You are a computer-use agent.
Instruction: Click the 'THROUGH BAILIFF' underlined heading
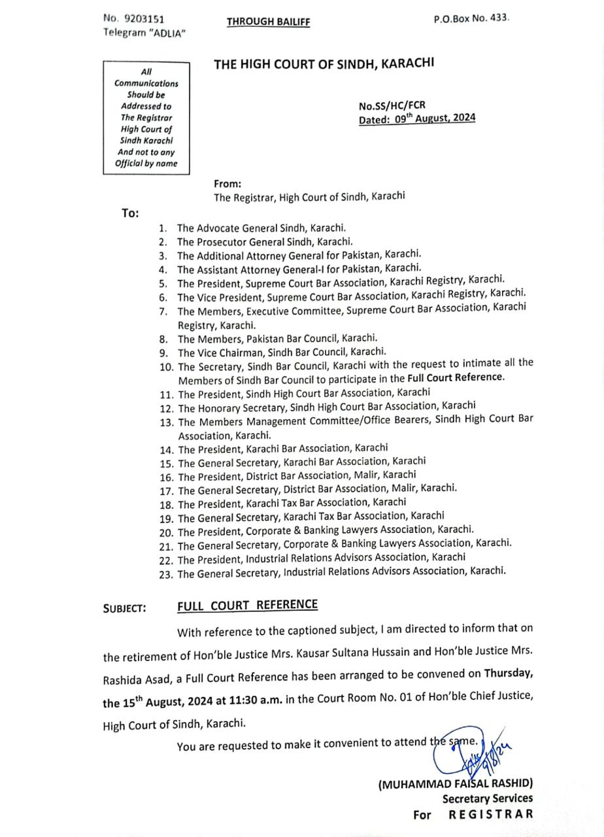[x=268, y=22]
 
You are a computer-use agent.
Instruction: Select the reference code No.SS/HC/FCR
[x=392, y=106]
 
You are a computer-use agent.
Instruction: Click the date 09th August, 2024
[x=435, y=119]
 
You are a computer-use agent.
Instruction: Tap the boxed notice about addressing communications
[x=146, y=117]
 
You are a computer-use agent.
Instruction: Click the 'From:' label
[x=227, y=184]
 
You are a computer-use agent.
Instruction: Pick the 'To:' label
[x=129, y=213]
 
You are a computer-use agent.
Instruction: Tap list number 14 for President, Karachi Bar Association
[x=166, y=449]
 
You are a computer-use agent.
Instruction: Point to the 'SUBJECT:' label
[x=124, y=609]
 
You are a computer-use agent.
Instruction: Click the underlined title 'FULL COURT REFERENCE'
[x=247, y=605]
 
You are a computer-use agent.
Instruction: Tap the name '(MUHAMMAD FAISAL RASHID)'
[x=456, y=783]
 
